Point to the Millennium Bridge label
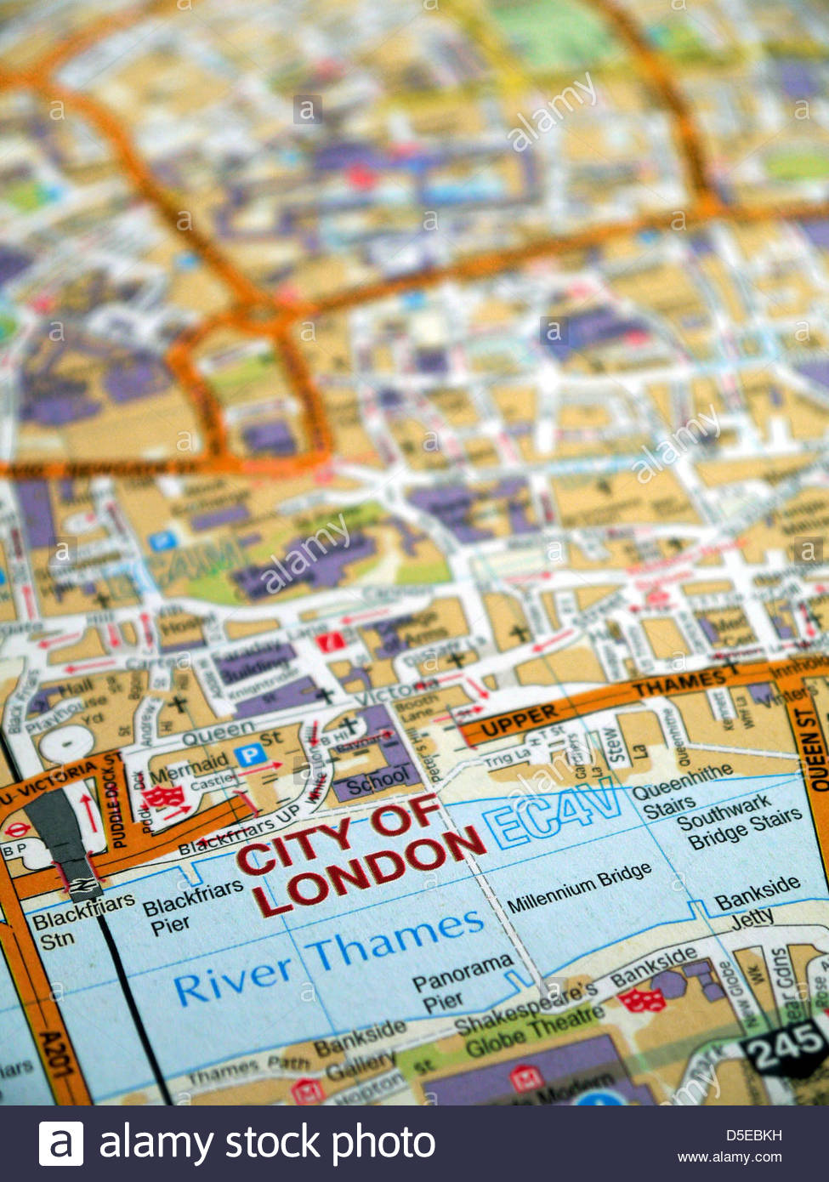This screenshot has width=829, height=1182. coord(579,887)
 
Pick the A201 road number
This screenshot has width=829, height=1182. coord(54,1054)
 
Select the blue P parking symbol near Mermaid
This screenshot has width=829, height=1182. coord(248,754)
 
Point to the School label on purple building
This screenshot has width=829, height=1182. coord(377,779)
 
